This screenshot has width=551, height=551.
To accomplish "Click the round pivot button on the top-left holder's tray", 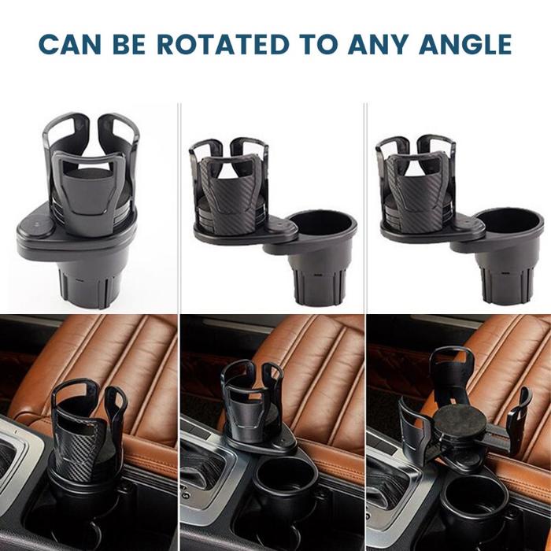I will pyautogui.click(x=38, y=226).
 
